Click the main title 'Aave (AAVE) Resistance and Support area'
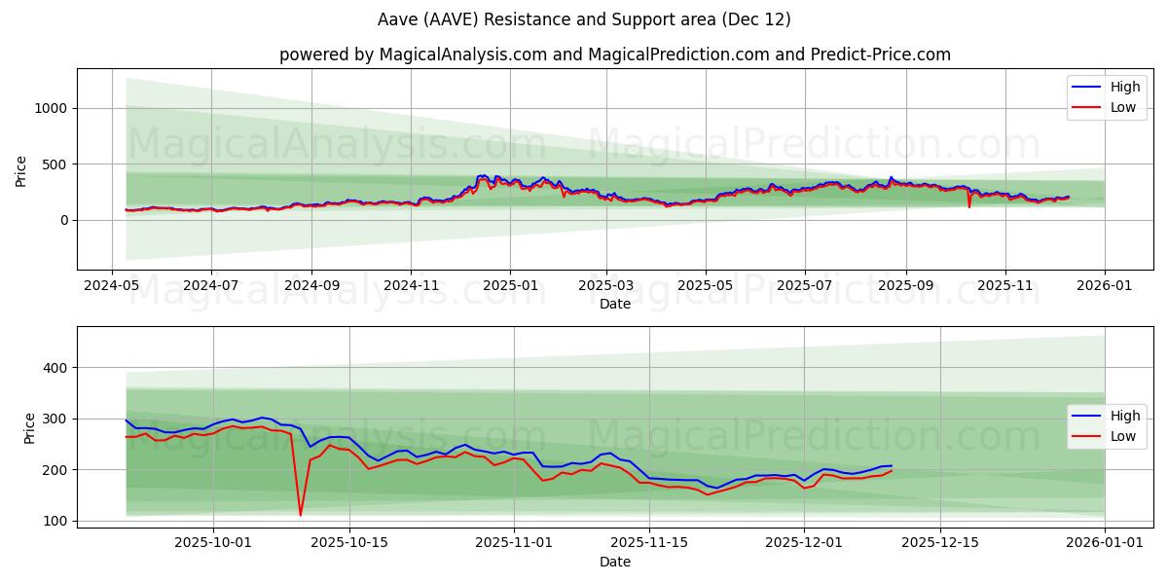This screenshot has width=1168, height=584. click(x=584, y=19)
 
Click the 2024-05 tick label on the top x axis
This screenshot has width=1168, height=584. click(x=112, y=287)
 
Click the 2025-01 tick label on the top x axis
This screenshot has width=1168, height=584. click(x=511, y=287)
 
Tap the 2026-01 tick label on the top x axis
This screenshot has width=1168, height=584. click(x=1105, y=287)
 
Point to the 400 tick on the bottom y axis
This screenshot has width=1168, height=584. click(x=56, y=368)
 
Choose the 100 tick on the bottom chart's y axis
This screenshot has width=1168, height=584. click(x=56, y=521)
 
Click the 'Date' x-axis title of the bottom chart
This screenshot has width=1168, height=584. click(x=615, y=562)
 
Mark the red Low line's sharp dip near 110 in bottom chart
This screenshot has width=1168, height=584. click(x=301, y=515)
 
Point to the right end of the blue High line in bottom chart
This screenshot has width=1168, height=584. click(x=892, y=466)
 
